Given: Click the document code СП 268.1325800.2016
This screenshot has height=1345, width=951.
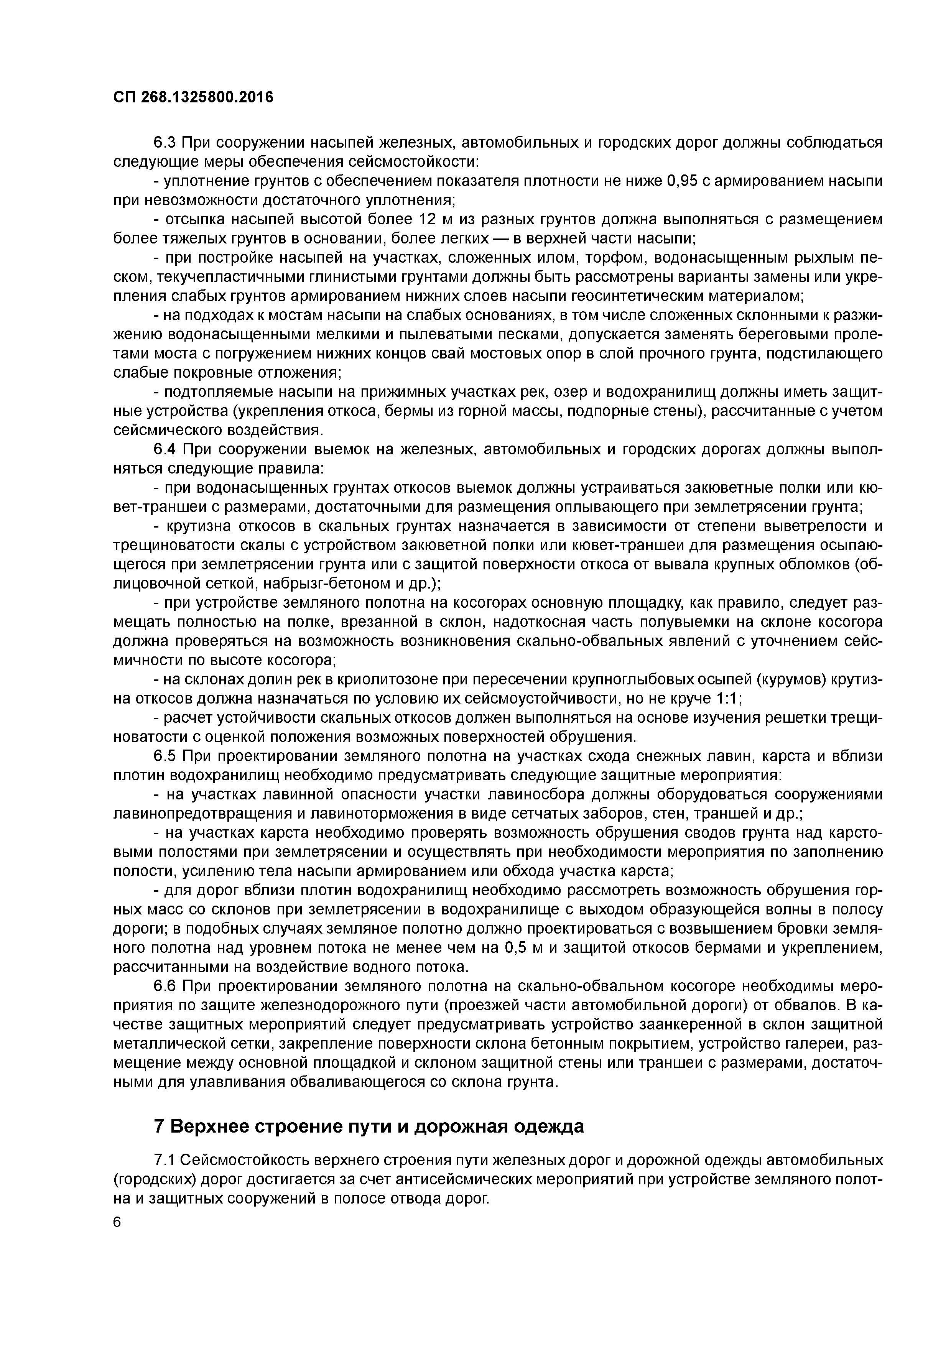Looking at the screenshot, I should pos(193,97).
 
